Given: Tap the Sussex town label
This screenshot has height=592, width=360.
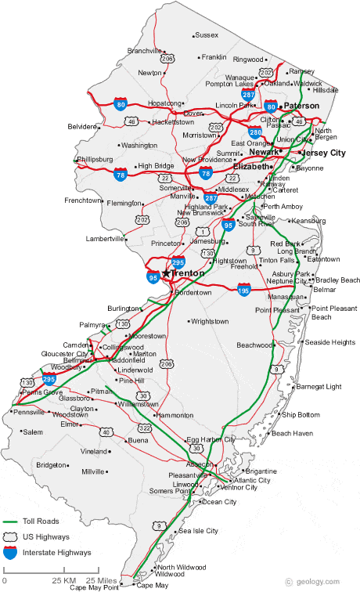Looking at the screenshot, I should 207,34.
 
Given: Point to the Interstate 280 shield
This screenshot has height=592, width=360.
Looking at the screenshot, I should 255,132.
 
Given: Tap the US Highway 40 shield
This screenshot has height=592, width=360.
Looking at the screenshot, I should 106,431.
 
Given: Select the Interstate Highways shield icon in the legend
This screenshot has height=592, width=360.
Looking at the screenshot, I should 12,552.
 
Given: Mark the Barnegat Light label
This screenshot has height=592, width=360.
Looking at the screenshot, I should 319,386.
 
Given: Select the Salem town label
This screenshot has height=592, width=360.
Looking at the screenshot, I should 33,431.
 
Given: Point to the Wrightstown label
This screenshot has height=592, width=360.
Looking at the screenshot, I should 210,321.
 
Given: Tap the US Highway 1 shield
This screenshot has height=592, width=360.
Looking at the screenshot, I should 202,232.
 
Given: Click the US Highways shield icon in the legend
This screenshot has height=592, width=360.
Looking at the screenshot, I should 12,536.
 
